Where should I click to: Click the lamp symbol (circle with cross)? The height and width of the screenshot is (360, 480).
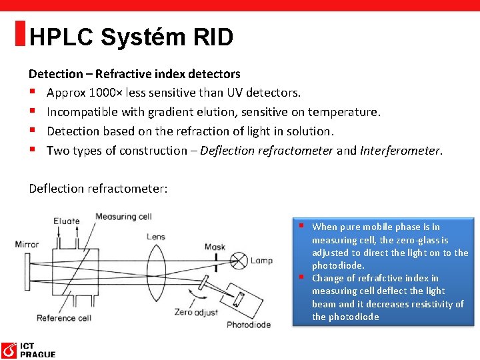(x=241, y=261)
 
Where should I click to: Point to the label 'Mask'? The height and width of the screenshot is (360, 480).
(x=214, y=247)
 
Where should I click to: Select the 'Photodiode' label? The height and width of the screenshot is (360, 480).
(x=249, y=325)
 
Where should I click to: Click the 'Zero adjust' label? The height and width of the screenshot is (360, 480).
(x=192, y=311)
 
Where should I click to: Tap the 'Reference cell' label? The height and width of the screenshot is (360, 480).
(x=64, y=318)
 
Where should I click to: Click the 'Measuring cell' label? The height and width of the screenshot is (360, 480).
(x=123, y=216)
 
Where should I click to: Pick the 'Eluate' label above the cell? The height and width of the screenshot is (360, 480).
(x=67, y=221)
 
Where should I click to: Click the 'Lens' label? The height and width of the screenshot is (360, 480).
(x=155, y=237)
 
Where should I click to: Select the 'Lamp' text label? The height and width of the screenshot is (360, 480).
(x=261, y=260)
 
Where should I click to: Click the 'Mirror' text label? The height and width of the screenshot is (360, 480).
(x=27, y=244)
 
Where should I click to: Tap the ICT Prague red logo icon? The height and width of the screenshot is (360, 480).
(x=9, y=350)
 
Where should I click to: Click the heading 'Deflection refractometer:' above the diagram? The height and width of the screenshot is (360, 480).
(x=98, y=189)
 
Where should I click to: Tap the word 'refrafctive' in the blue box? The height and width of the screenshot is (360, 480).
(x=381, y=278)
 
